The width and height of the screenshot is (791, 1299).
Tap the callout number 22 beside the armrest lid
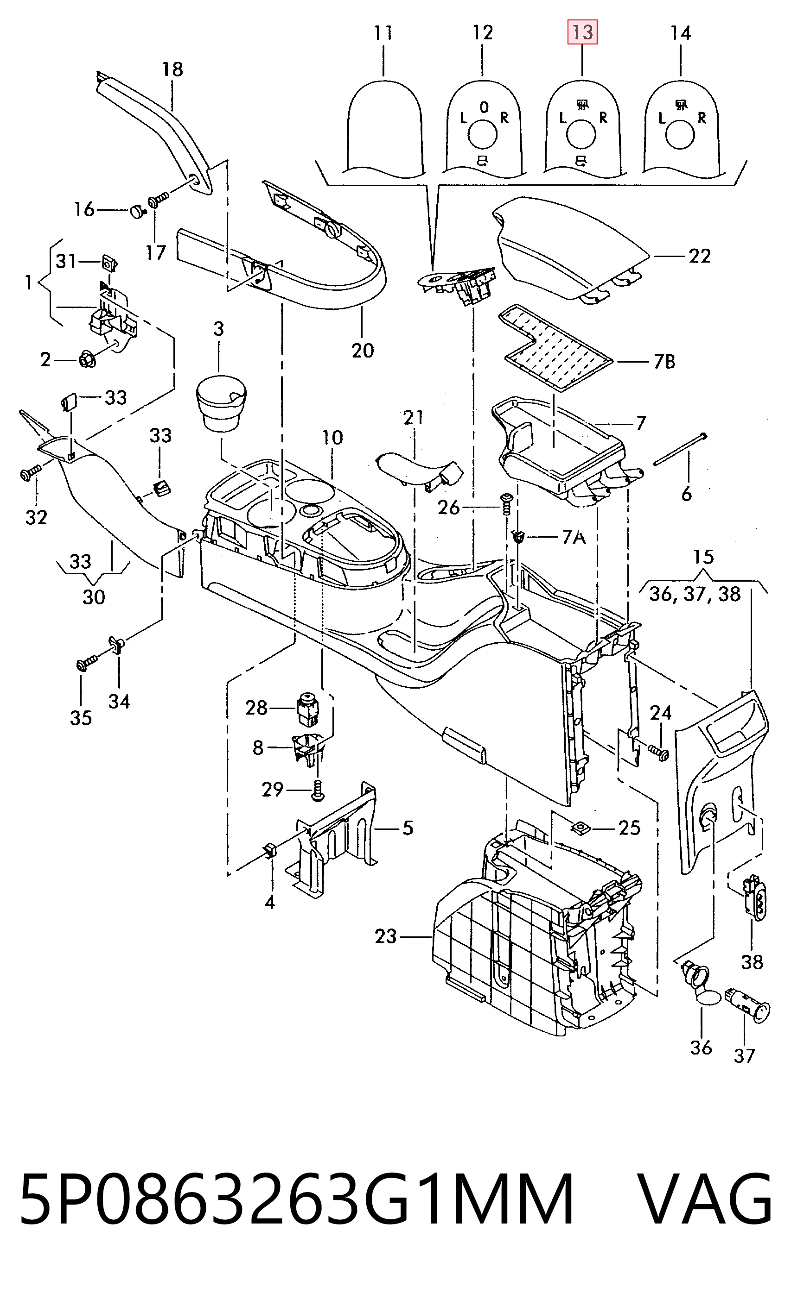pyautogui.click(x=700, y=256)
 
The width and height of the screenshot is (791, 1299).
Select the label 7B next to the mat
pyautogui.click(x=664, y=362)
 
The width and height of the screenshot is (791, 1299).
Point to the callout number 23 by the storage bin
pyautogui.click(x=385, y=936)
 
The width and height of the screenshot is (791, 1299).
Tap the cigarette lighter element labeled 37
pyautogui.click(x=748, y=1005)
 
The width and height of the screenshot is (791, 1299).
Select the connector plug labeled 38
pyautogui.click(x=756, y=897)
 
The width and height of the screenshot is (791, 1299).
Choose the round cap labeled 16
pyautogui.click(x=138, y=212)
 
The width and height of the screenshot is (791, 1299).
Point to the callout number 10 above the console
pyautogui.click(x=332, y=438)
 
